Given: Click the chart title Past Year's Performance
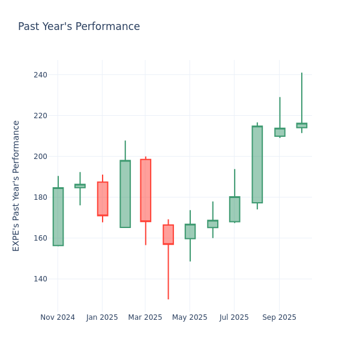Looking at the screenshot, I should pos(79,27).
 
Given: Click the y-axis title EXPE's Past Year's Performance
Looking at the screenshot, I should pos(16,185).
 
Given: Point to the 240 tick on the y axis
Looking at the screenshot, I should pos(41,75).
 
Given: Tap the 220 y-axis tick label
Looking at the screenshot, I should pos(41,116).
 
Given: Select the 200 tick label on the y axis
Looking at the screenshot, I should pos(41,157).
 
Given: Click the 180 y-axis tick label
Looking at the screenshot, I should pos(41,197).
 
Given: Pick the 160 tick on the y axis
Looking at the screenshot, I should pos(41,238).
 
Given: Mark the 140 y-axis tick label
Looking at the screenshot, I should pos(41,279).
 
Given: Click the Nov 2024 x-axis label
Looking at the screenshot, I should pos(58,317).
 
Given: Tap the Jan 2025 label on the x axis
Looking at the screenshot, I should pos(102,317).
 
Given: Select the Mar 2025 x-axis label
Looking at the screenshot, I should pos(145,317).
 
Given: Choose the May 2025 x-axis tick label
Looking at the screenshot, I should pos(190,317).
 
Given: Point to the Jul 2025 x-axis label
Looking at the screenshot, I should pos(234,317).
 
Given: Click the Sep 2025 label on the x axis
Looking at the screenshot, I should pos(279,317).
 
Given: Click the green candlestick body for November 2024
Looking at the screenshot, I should pos(58,217).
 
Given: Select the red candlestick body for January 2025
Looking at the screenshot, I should pos(102,199).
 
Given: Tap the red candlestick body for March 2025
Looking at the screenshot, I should pos(145,190).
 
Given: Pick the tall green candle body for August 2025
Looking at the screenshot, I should pos(257,164).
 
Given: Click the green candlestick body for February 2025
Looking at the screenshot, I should pos(125,194).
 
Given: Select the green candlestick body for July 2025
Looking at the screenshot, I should pos(234,209).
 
